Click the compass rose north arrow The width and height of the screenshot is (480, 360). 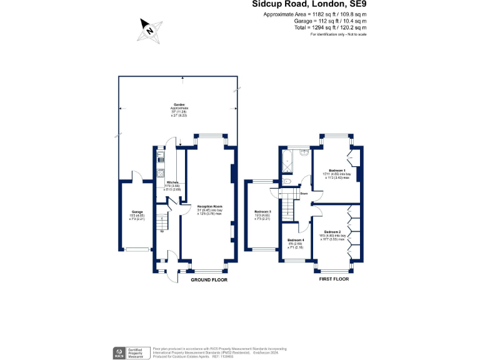click(148, 29)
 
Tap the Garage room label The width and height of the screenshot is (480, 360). click(137, 212)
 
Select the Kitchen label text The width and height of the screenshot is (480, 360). click(172, 182)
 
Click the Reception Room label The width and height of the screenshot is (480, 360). click(210, 206)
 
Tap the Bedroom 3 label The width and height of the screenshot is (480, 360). click(262, 212)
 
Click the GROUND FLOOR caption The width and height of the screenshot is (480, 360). click(209, 279)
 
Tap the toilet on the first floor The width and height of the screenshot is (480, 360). click(286, 181)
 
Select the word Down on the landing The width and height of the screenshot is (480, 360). click(304, 194)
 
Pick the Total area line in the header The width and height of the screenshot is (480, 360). click(332, 27)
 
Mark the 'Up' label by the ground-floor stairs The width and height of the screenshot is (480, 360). click(162, 232)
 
